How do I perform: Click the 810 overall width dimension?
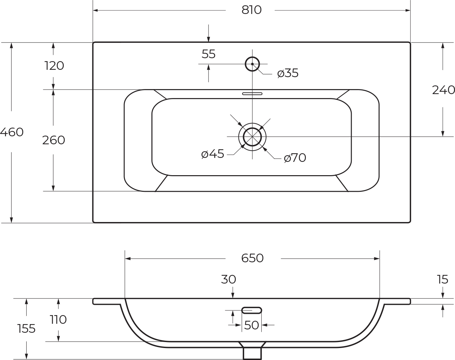pyautogui.click(x=251, y=10)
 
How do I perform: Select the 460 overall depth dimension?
pyautogui.click(x=12, y=132)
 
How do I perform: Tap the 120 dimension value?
pyautogui.click(x=54, y=65)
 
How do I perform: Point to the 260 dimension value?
pyautogui.click(x=53, y=140)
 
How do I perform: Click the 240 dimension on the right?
pyautogui.click(x=443, y=90)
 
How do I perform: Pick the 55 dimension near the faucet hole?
pyautogui.click(x=209, y=54)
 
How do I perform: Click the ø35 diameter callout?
pyautogui.click(x=288, y=73)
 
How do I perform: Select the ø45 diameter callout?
pyautogui.click(x=213, y=154)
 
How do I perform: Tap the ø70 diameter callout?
pyautogui.click(x=295, y=158)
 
